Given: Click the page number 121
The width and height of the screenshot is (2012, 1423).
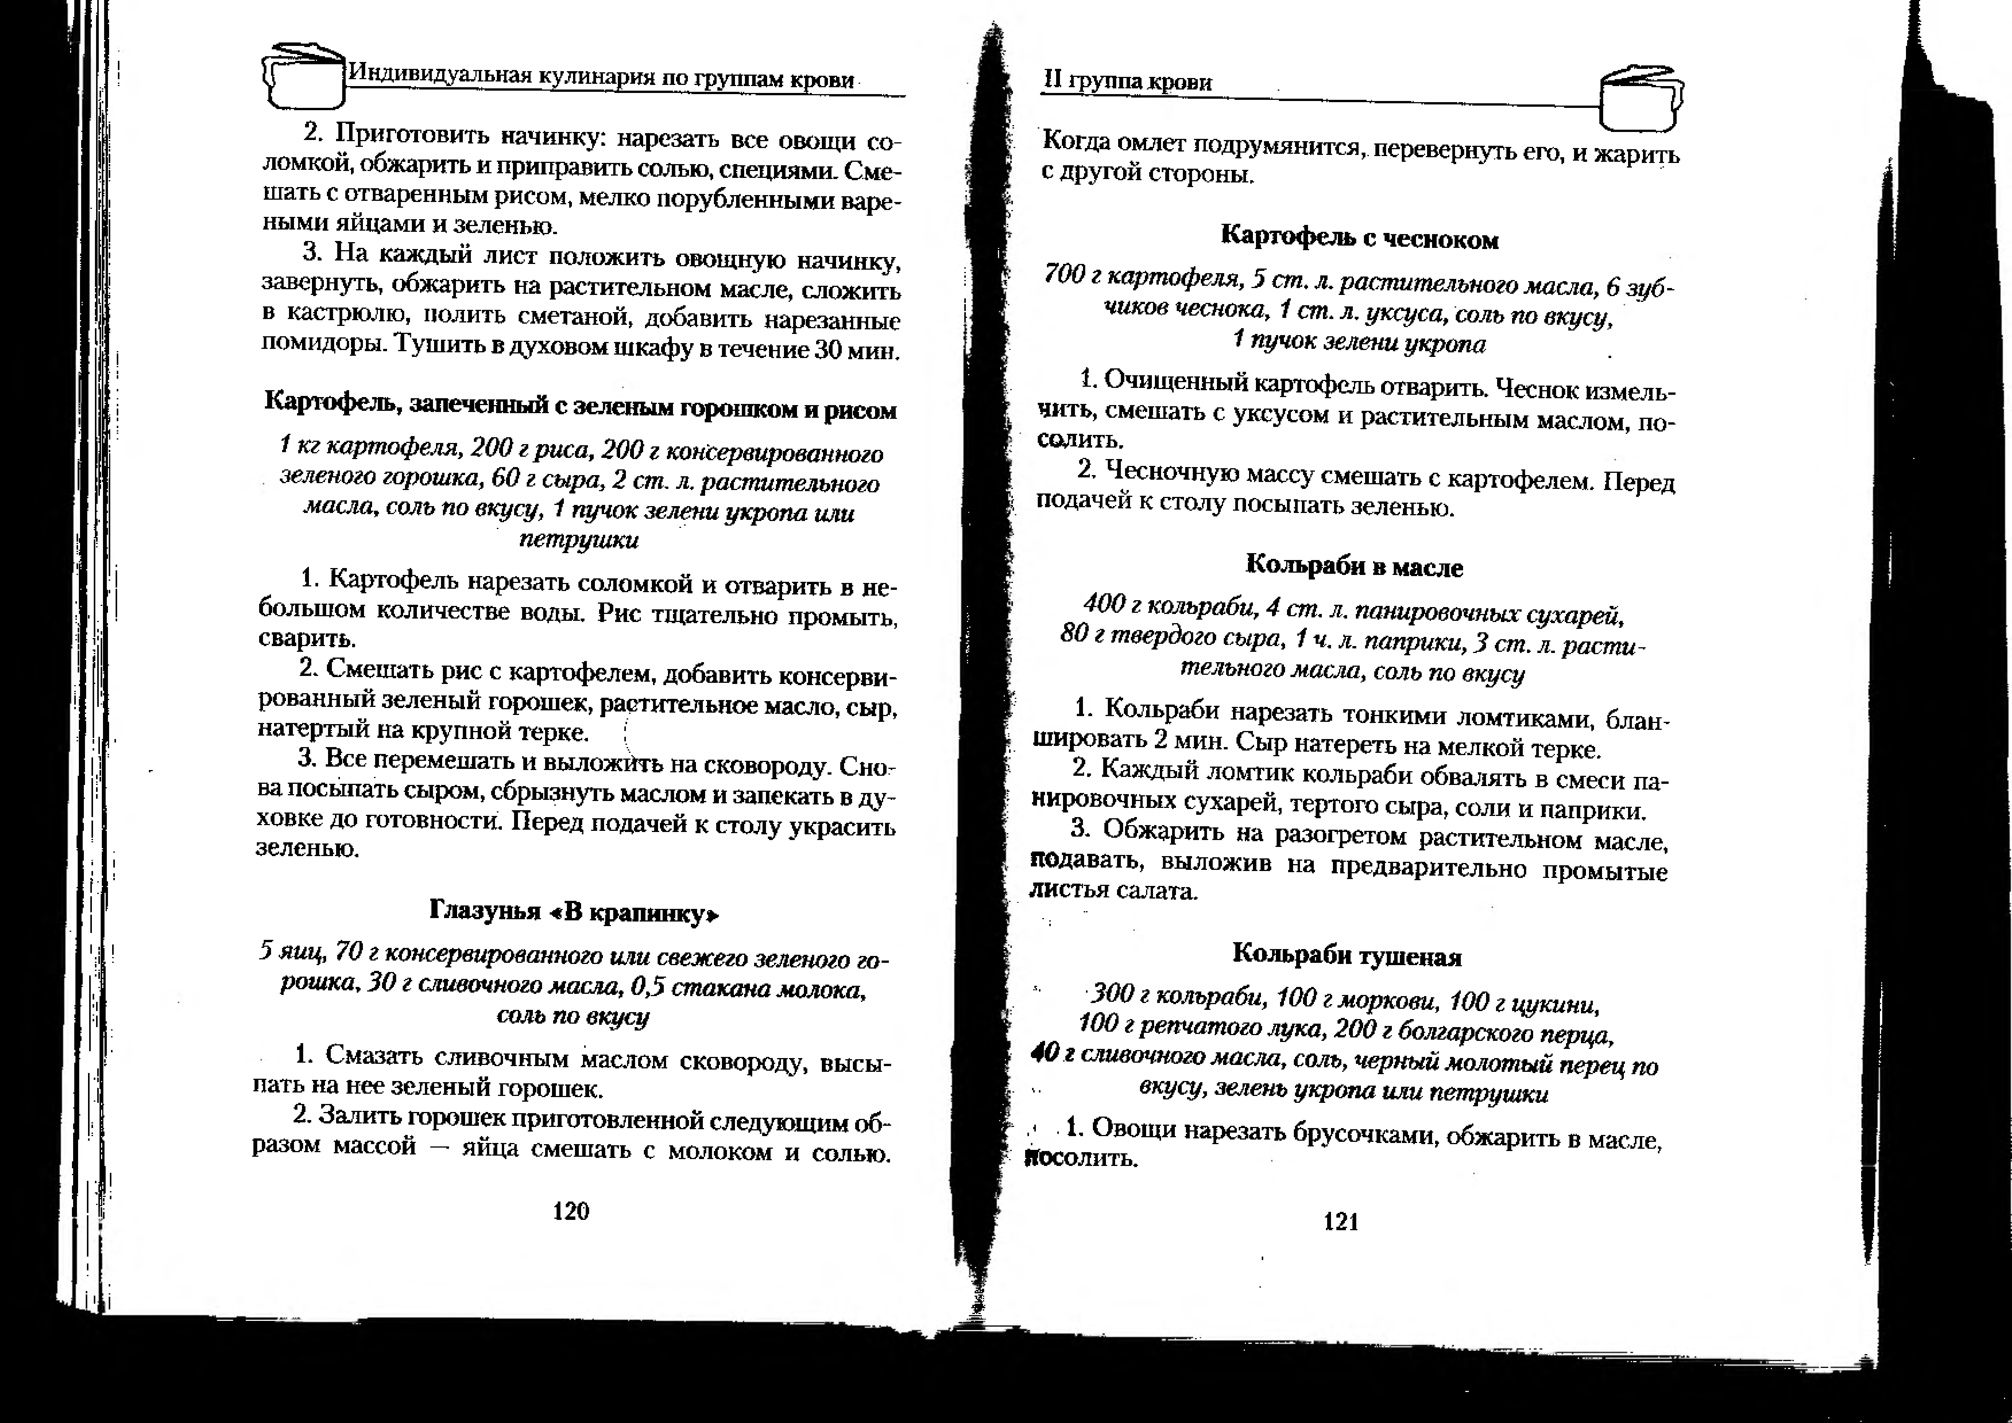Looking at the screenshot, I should (1341, 1221).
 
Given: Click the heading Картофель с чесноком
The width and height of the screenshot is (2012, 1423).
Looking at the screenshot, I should (1360, 236).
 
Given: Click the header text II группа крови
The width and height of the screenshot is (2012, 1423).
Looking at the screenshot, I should (1127, 81).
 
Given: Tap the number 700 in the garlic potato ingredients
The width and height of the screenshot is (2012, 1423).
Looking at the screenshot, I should (1065, 275).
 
